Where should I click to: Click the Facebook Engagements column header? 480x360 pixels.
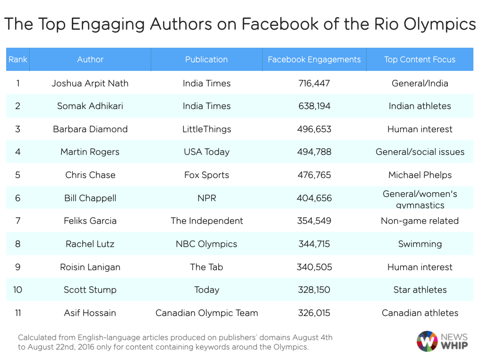[314, 60]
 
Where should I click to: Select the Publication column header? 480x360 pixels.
[206, 60]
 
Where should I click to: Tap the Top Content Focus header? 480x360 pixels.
[420, 60]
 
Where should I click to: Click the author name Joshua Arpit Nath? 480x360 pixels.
[90, 83]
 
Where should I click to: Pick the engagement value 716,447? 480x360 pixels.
[314, 83]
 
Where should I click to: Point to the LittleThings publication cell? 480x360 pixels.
[206, 129]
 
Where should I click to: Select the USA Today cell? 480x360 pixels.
[206, 152]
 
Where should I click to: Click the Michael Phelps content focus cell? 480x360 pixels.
[420, 175]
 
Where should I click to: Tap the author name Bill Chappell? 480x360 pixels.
[90, 198]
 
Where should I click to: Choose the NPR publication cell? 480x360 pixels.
[206, 198]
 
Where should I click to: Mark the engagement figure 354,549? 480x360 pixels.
[314, 221]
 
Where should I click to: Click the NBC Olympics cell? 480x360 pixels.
[206, 244]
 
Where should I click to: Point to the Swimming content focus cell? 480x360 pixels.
[420, 244]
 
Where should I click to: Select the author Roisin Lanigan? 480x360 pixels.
[90, 267]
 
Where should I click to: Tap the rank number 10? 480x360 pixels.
[17, 290]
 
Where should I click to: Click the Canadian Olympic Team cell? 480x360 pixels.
[206, 313]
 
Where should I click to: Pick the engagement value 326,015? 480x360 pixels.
[314, 313]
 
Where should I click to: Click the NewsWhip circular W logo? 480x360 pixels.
[427, 341]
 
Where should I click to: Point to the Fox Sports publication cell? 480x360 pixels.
[206, 175]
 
